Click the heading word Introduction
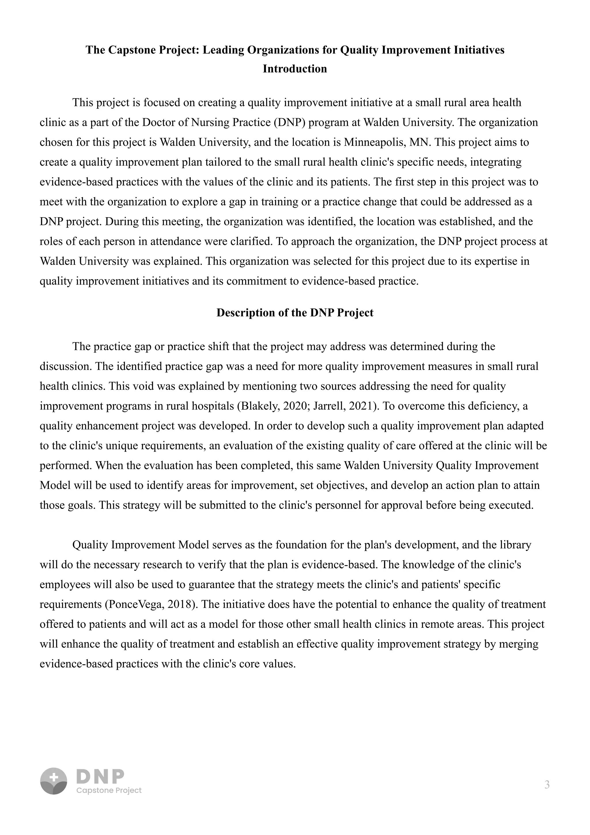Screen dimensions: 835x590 coord(295,69)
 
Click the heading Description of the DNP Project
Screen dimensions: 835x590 coord(295,313)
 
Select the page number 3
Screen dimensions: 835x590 coord(547,785)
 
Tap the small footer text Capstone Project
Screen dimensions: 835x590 coord(109,791)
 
